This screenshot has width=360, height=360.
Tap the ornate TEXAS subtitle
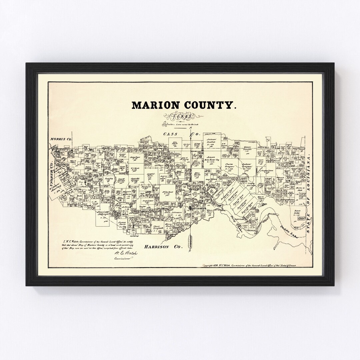pyautogui.click(x=180, y=117)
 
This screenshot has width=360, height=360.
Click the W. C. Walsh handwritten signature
pyautogui.click(x=126, y=254)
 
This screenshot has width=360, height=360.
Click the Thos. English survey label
pyautogui.click(x=157, y=227)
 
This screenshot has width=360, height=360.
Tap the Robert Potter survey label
pyautogui.click(x=298, y=213)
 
